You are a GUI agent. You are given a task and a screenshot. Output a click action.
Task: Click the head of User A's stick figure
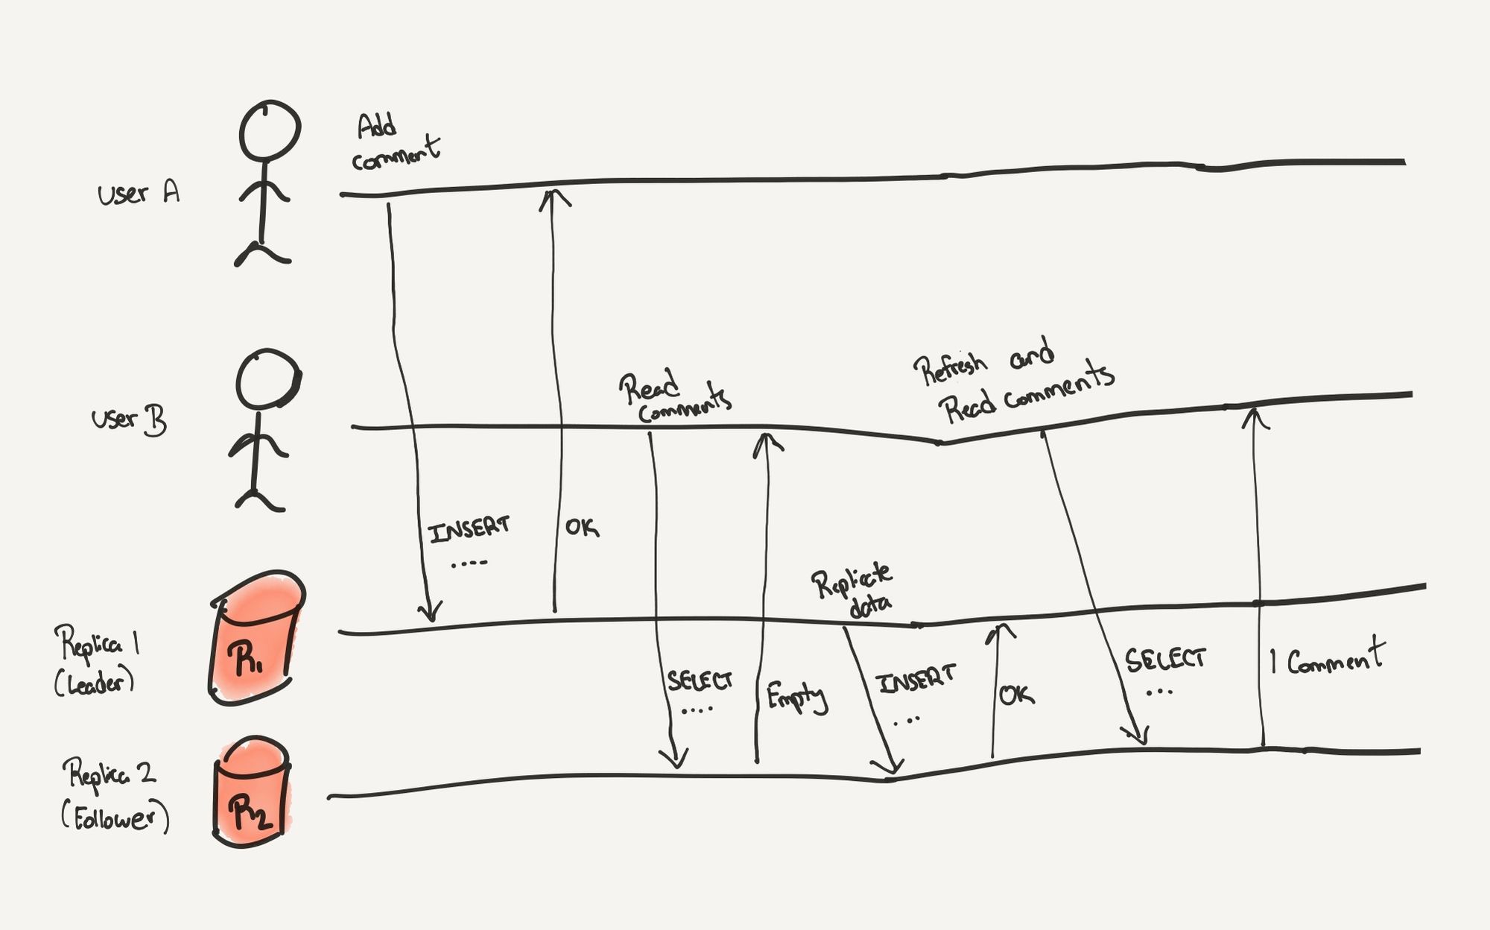270,130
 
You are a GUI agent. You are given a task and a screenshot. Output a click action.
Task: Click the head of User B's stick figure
267,379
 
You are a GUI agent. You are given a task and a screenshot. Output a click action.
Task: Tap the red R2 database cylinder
252,793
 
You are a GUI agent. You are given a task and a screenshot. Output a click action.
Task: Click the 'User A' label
139,194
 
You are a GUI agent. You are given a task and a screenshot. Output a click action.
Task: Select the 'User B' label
129,420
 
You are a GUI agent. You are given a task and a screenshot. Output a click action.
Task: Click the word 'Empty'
796,697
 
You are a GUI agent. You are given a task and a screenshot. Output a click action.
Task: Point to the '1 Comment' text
1327,657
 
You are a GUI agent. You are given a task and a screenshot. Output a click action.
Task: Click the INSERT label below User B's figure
469,530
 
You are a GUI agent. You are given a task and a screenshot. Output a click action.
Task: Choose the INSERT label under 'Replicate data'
916,679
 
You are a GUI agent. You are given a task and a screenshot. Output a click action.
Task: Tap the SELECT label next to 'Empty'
700,680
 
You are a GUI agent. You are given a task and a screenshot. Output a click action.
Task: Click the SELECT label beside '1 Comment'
1164,659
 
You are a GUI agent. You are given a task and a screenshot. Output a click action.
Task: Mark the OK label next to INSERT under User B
581,527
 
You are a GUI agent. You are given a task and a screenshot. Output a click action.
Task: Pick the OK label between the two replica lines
1016,695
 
